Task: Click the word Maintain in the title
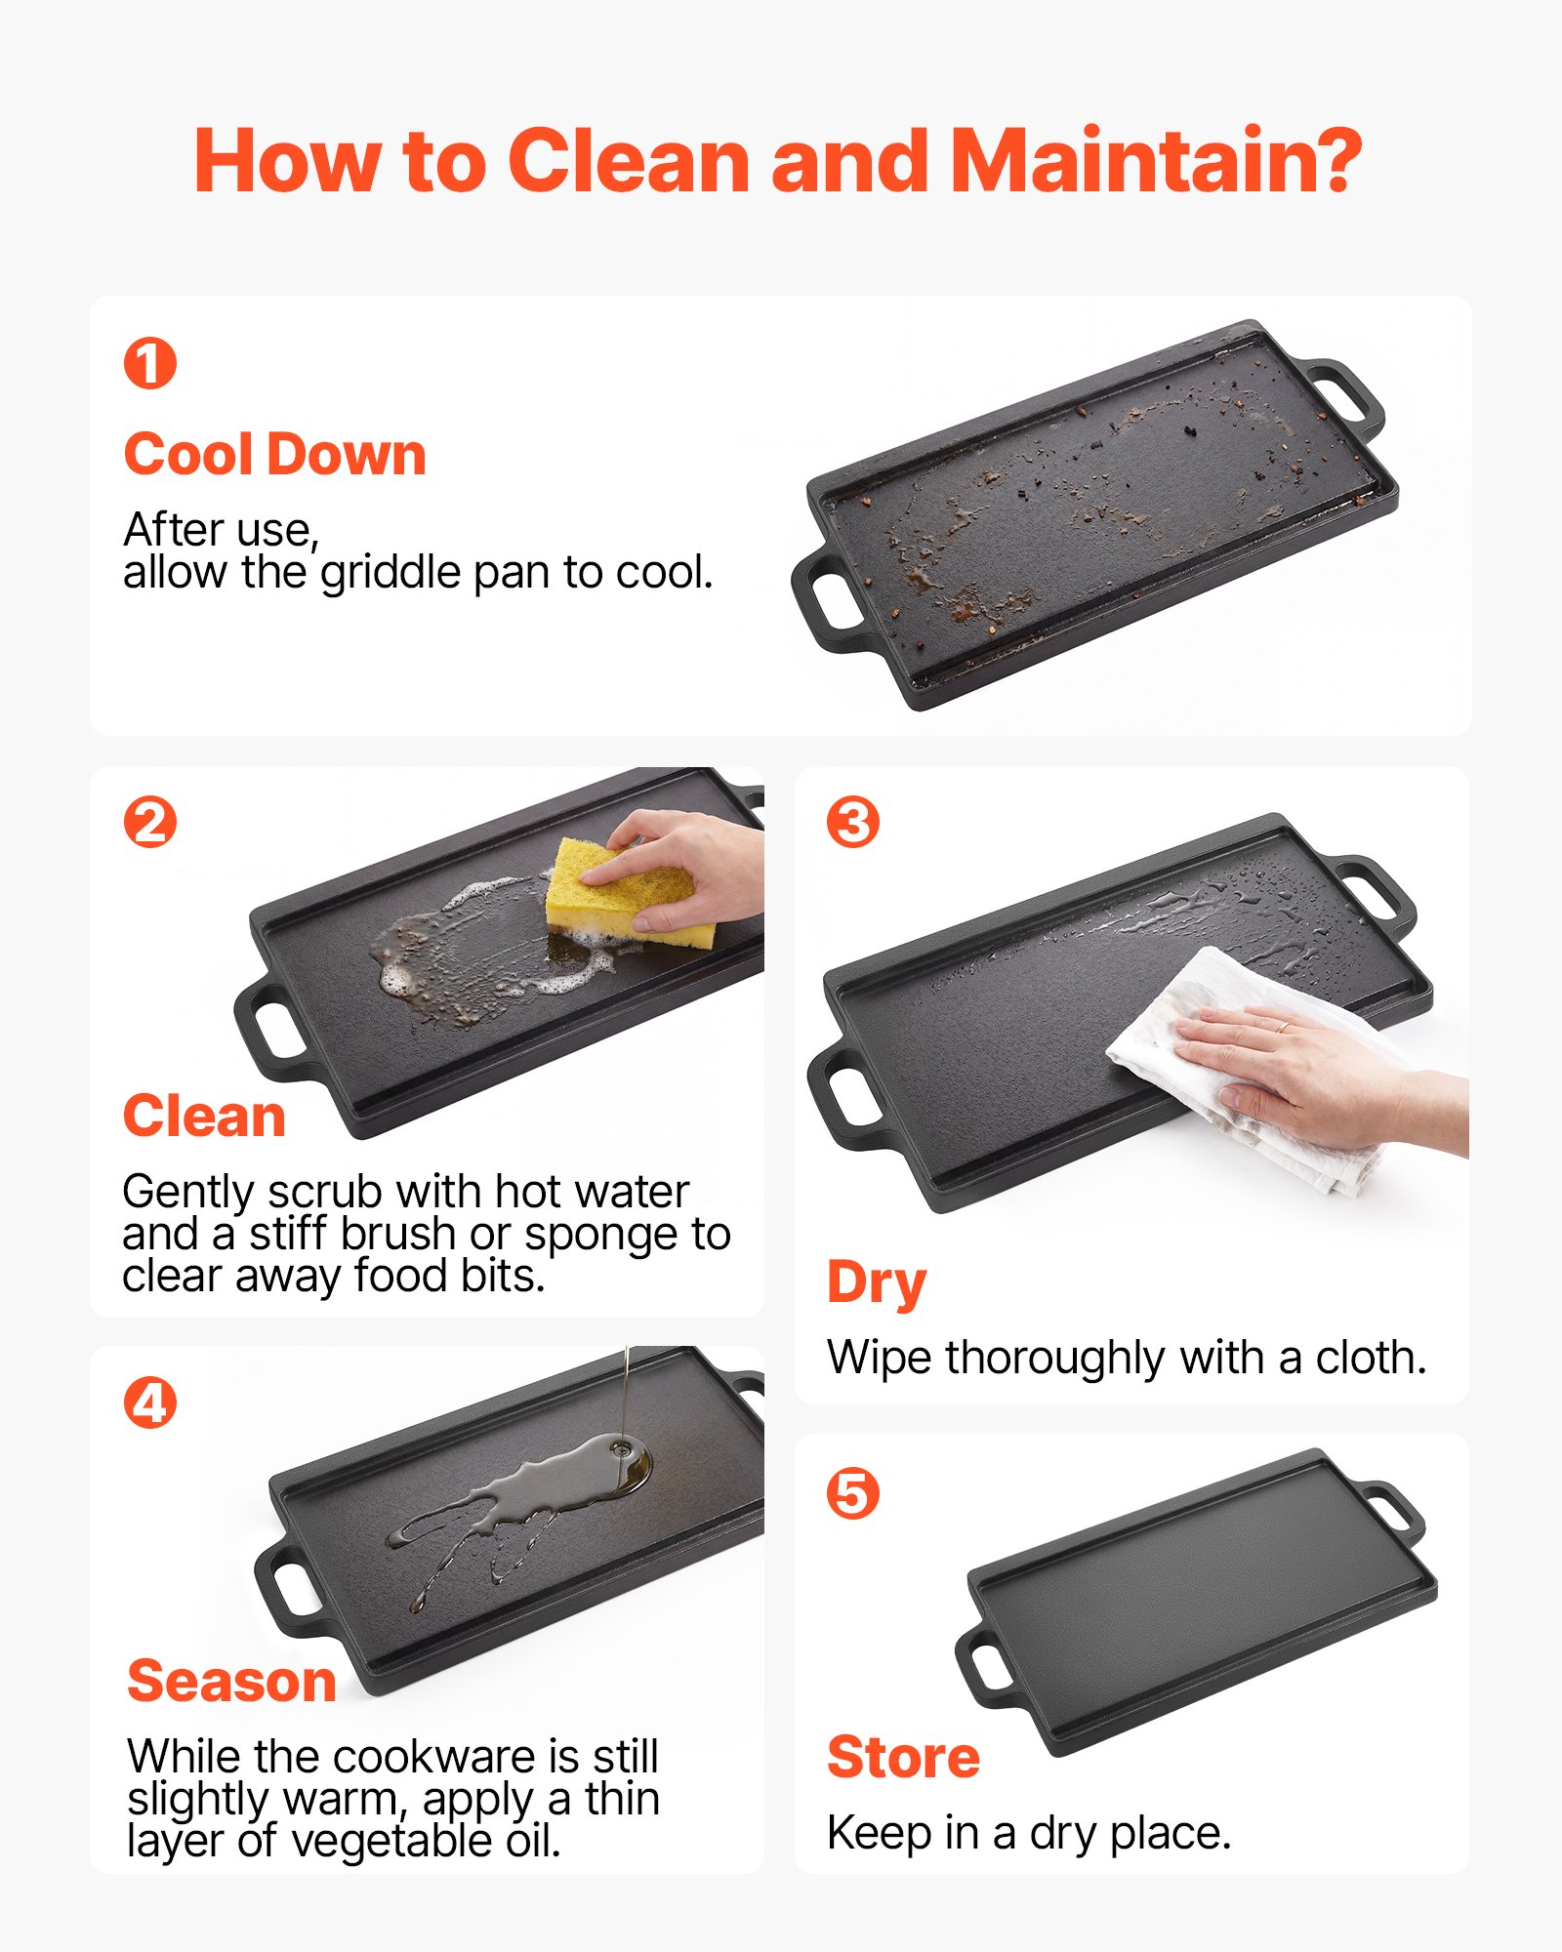coord(1155,160)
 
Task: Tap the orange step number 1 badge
coord(150,363)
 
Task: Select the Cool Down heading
coord(275,455)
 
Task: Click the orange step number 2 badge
coord(150,822)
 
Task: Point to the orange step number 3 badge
coord(853,822)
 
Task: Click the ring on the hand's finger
coord(1283,1027)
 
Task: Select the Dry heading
coord(877,1282)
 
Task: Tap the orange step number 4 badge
coord(150,1403)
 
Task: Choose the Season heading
coord(232,1681)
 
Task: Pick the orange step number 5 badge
coord(853,1494)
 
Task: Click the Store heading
coord(904,1758)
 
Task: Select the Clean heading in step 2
coord(204,1117)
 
